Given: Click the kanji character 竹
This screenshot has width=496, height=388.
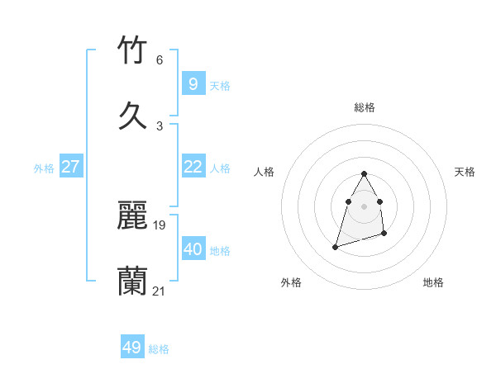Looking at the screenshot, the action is click(133, 50).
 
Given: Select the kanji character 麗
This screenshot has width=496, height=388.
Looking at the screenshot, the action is click(133, 215).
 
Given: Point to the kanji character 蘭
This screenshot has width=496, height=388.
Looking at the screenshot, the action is click(133, 281).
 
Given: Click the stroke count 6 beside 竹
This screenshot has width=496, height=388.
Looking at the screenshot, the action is click(160, 60).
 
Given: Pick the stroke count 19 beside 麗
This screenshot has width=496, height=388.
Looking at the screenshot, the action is click(160, 225).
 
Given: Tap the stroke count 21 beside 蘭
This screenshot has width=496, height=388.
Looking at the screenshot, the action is click(160, 291).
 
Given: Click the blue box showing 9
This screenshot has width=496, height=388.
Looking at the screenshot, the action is click(193, 83).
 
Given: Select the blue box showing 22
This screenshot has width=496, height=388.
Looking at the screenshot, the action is click(193, 167).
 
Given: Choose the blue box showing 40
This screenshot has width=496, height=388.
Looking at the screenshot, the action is click(193, 249).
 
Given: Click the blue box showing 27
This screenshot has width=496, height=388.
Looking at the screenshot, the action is click(70, 167).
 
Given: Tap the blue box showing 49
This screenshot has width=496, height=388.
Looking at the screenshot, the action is click(132, 348).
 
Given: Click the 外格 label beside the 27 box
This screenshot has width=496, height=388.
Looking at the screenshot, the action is click(44, 168).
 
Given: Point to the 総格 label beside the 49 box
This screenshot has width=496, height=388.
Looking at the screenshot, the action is click(159, 349).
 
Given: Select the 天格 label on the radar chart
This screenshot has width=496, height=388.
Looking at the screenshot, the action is click(465, 172).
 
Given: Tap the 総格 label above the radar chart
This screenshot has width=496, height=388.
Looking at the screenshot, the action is click(365, 107).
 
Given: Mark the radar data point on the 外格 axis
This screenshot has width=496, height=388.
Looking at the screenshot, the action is click(335, 246).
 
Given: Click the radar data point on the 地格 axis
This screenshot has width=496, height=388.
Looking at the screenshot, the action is click(385, 235).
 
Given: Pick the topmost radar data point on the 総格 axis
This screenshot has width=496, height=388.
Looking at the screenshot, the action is click(365, 173).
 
